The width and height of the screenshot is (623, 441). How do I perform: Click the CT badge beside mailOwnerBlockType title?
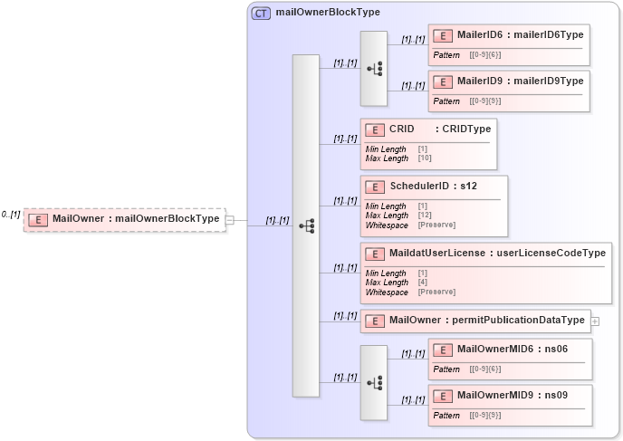click(x=261, y=13)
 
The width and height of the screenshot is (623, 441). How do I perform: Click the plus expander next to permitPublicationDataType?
click(x=595, y=321)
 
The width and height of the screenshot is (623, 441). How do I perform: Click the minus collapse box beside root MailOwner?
click(x=230, y=219)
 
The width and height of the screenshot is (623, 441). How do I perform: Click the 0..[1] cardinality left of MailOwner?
click(x=11, y=215)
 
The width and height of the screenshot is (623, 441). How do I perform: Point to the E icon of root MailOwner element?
click(x=37, y=219)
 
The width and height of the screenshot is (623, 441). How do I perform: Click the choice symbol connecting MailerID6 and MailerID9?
click(x=374, y=69)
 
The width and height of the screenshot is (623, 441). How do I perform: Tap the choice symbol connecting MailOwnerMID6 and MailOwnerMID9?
click(x=374, y=383)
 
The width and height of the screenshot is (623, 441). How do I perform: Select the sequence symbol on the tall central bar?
click(x=306, y=225)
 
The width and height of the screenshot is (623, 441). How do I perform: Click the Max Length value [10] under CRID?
click(x=425, y=158)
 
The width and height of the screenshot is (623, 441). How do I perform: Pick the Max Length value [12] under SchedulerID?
click(x=425, y=216)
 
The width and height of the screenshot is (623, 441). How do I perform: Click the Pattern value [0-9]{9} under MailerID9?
click(x=484, y=101)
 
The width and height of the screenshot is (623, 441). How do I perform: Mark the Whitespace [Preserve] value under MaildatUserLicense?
click(x=436, y=292)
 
